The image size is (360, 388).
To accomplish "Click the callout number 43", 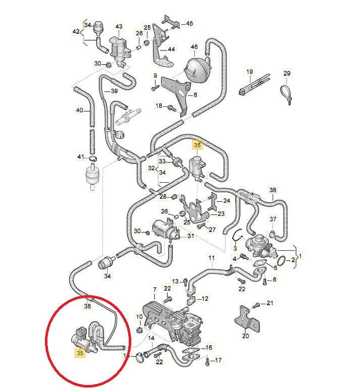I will pyautogui.click(x=119, y=26).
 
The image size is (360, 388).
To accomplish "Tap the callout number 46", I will pyautogui.click(x=194, y=47).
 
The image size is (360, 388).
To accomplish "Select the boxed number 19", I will pyautogui.click(x=249, y=72).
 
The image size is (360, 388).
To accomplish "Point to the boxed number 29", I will pyautogui.click(x=287, y=74).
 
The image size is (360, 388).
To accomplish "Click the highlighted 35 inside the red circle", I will pyautogui.click(x=80, y=353).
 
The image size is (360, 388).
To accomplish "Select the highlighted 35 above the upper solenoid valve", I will pyautogui.click(x=197, y=145).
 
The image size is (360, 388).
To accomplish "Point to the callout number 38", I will pyautogui.click(x=87, y=306).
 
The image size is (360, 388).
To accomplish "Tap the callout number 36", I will pyautogui.click(x=273, y=190).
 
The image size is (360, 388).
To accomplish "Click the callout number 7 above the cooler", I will pyautogui.click(x=155, y=289).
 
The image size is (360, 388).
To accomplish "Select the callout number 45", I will pyautogui.click(x=189, y=23).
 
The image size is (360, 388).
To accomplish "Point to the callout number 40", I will pyautogui.click(x=79, y=110).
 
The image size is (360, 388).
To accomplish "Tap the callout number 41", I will pyautogui.click(x=80, y=157).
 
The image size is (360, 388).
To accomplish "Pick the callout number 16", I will pyautogui.click(x=209, y=348).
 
